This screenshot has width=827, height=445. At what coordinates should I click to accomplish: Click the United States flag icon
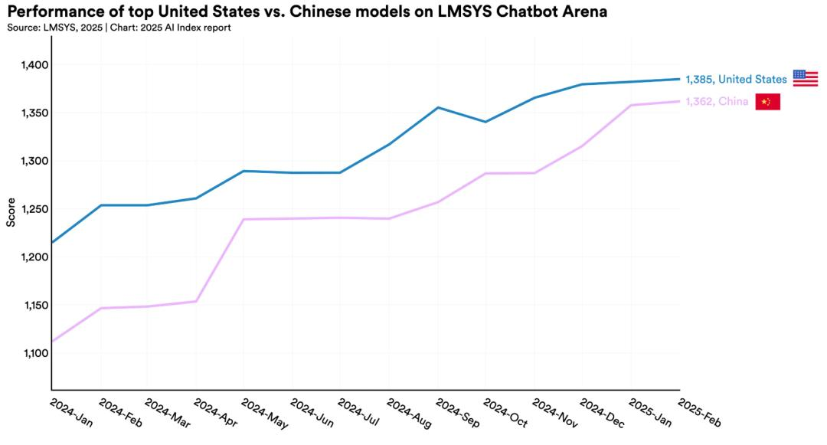tap(805, 78)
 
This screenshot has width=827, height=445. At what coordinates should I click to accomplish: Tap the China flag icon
tap(767, 102)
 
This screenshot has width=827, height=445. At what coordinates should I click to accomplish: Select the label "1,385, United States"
tap(736, 79)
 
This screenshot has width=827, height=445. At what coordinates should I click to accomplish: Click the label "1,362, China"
tap(717, 102)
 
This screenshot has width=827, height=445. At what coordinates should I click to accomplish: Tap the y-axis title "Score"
tap(11, 212)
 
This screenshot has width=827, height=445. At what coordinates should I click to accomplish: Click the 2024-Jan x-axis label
tap(70, 412)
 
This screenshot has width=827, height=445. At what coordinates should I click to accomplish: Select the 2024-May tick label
tap(263, 412)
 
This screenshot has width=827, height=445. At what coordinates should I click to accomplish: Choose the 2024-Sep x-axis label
tap(457, 412)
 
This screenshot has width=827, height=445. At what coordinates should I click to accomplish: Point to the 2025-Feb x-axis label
tap(699, 412)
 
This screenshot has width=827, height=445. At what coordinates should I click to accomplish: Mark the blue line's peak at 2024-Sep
tap(437, 107)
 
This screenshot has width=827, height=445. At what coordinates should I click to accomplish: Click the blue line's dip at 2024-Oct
tap(485, 122)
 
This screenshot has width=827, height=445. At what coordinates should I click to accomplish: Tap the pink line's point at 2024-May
tap(244, 220)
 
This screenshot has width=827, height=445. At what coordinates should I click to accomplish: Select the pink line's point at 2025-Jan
tap(631, 105)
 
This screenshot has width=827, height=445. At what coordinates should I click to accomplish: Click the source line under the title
tap(119, 28)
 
